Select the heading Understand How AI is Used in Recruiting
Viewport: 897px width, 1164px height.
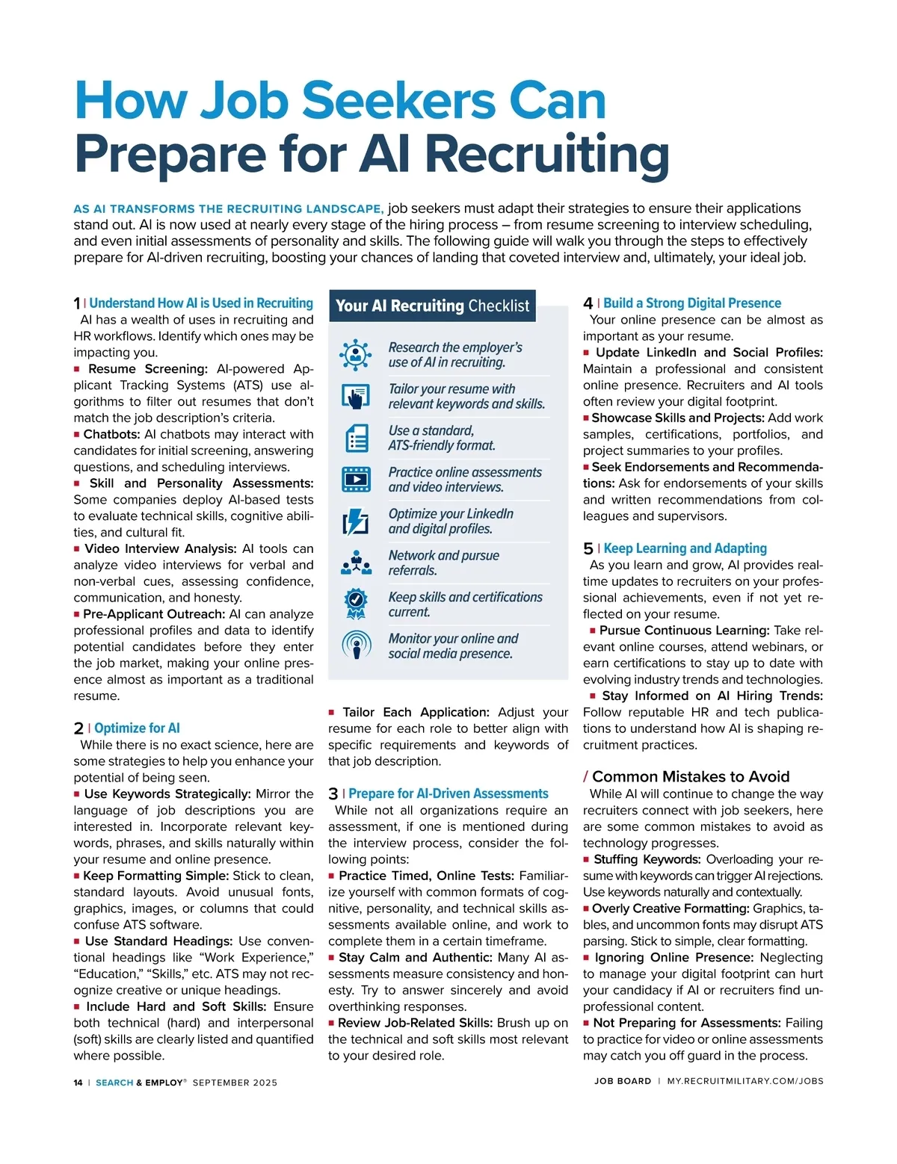point(201,303)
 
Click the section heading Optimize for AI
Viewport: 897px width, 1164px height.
point(137,728)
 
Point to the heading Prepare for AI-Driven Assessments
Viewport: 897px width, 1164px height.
point(448,794)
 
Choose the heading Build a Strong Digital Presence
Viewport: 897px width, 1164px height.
point(692,303)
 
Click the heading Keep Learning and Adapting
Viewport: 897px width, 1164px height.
point(685,548)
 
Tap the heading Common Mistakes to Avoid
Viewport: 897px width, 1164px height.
point(690,777)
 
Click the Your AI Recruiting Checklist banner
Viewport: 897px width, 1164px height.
point(432,306)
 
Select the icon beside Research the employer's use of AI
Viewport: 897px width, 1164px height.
point(356,355)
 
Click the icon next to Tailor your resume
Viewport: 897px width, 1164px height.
point(356,396)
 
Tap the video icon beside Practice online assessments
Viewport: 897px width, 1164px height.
point(356,480)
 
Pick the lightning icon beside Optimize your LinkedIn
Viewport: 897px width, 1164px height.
point(356,521)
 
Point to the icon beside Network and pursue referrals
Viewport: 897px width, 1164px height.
point(356,563)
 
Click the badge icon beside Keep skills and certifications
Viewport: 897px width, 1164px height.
point(356,604)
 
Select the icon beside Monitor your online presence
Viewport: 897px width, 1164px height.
point(356,646)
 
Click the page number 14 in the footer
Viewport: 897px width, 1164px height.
point(78,1083)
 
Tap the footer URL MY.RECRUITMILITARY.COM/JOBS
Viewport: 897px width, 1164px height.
point(745,1081)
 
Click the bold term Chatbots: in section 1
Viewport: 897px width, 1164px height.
point(111,435)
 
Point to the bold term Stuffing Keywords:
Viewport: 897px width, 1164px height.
point(647,860)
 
